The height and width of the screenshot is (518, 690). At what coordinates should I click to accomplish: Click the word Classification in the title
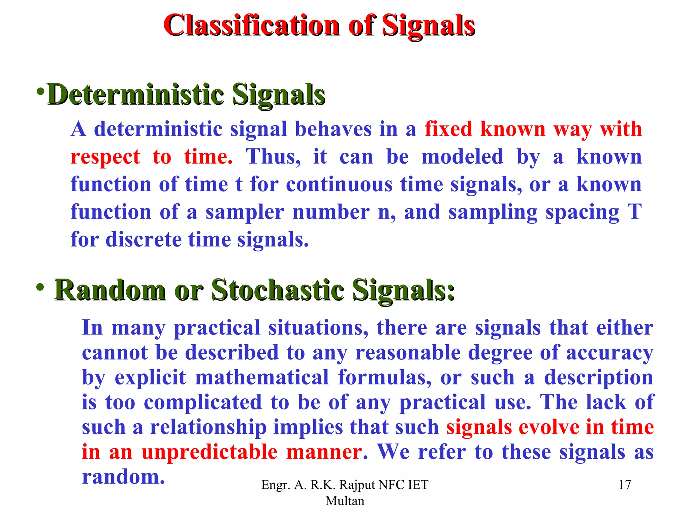tap(251, 25)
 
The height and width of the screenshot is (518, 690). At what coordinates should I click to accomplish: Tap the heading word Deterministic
tap(135, 94)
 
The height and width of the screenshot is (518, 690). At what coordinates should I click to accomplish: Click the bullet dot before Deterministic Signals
tap(41, 91)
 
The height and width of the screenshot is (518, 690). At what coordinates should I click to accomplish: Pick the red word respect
tap(105, 157)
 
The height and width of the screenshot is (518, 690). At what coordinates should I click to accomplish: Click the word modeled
tap(462, 157)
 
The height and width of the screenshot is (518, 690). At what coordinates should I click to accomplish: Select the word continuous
tap(339, 184)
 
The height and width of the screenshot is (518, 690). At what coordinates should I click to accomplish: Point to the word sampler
tap(245, 212)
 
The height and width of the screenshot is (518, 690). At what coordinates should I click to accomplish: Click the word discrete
tap(144, 240)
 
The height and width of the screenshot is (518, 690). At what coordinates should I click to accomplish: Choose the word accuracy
tap(609, 353)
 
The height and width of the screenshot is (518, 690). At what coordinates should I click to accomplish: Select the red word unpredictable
tap(209, 452)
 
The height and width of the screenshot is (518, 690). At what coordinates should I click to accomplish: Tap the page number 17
tap(625, 485)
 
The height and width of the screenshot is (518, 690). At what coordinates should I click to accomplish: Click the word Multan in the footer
tap(345, 501)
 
